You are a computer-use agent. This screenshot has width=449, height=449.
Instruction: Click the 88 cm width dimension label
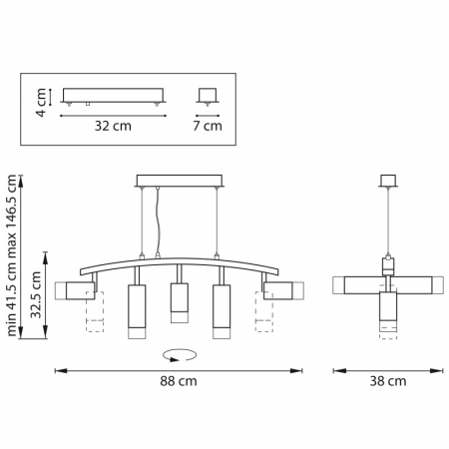pyautogui.click(x=179, y=381)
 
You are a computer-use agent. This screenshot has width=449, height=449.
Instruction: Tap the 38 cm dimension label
pyautogui.click(x=388, y=381)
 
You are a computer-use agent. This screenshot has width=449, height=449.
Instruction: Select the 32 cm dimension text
pyautogui.click(x=113, y=126)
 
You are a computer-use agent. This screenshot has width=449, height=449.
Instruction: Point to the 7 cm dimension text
pyautogui.click(x=208, y=126)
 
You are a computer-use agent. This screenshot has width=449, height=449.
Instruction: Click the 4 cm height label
pyautogui.click(x=41, y=103)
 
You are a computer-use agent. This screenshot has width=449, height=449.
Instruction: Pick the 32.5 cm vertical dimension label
pyautogui.click(x=36, y=295)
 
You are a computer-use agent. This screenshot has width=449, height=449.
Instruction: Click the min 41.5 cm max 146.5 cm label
pyautogui.click(x=12, y=255)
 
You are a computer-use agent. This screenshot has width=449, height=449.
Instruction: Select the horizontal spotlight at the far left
pyautogui.click(x=75, y=290)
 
